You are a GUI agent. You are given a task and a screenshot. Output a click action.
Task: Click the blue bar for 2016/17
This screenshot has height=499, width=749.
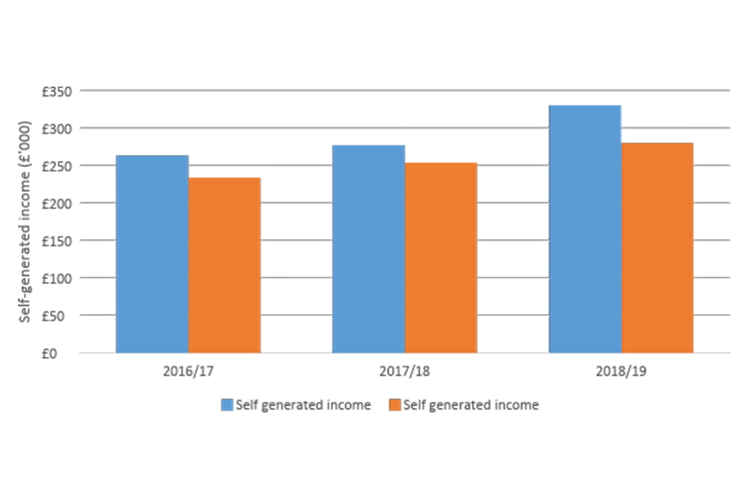[152, 254]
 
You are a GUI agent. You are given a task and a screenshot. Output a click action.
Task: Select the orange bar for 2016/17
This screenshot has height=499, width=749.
[225, 265]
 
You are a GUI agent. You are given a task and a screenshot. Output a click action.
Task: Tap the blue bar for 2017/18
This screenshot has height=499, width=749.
[368, 249]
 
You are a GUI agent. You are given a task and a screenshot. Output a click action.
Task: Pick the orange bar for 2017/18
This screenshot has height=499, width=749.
[441, 258]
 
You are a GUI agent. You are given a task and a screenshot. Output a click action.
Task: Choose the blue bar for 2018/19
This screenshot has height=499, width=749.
[585, 229]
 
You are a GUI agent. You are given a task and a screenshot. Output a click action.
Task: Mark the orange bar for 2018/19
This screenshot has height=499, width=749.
[657, 248]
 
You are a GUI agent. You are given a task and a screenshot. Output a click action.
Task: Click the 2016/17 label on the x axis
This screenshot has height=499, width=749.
[189, 371]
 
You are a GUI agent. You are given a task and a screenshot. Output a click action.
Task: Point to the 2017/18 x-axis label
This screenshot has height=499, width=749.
[405, 371]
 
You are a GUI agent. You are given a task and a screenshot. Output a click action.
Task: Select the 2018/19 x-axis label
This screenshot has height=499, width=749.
[621, 371]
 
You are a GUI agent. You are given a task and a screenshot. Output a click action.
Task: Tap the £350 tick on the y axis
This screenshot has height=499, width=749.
[57, 91]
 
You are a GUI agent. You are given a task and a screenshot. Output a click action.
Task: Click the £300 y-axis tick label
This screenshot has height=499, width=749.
[57, 129]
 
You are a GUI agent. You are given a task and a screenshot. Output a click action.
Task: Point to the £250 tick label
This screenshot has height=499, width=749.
[57, 166]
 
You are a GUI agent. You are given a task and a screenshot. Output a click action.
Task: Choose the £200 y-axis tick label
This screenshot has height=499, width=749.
[57, 203]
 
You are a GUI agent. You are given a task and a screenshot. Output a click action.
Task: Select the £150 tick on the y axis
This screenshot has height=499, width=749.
[57, 241]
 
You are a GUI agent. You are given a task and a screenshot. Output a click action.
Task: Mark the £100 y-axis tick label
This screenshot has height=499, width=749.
[57, 278]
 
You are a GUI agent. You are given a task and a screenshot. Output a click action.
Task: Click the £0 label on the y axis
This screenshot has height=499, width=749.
[63, 353]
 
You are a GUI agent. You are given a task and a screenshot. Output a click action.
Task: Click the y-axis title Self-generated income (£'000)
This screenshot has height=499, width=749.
[25, 221]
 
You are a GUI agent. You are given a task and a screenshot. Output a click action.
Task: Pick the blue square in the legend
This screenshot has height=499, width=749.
[227, 405]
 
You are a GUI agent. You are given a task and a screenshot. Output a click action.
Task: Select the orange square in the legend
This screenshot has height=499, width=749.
[395, 405]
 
